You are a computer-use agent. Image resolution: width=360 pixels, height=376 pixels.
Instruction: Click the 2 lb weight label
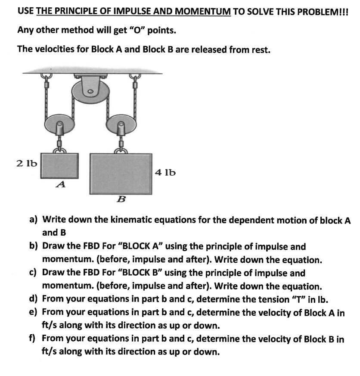point(27,164)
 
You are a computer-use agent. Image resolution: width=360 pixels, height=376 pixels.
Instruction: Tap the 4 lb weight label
point(165,173)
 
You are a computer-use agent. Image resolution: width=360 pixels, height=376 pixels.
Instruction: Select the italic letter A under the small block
point(61,185)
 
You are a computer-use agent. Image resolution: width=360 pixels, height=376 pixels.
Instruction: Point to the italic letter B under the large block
point(121,199)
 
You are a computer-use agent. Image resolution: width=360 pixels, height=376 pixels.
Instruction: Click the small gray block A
point(60,166)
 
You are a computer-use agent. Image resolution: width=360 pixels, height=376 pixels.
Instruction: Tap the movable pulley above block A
point(60,124)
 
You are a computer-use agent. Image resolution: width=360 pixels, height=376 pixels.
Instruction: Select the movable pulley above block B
point(121,125)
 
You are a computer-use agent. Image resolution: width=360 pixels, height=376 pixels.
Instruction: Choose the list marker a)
point(33,220)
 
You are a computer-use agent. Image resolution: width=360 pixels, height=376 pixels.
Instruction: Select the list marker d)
point(33,299)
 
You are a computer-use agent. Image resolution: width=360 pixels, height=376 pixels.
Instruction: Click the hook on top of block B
point(121,149)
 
